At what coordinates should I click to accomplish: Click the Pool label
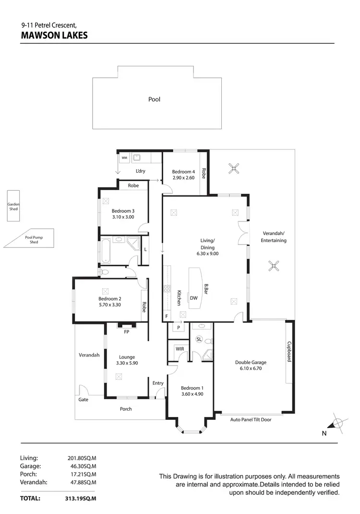click(154, 99)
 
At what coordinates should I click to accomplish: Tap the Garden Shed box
click(13, 207)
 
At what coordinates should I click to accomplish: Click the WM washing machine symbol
click(124, 158)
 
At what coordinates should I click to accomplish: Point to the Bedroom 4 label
click(184, 171)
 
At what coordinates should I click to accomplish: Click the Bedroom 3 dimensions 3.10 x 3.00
click(123, 217)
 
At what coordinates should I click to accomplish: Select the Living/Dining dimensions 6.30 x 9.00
click(207, 253)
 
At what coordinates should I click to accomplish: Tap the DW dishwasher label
click(194, 298)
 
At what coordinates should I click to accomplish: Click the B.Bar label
click(206, 288)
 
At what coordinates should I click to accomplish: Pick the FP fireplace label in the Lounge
click(127, 331)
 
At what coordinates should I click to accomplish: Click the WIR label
click(180, 348)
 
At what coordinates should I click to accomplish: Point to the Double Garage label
click(251, 363)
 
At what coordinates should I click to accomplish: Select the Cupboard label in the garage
click(289, 352)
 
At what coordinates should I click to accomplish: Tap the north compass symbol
click(337, 423)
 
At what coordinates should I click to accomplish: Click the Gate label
click(83, 399)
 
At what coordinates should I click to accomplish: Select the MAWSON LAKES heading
click(54, 35)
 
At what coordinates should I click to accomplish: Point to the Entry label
click(158, 383)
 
